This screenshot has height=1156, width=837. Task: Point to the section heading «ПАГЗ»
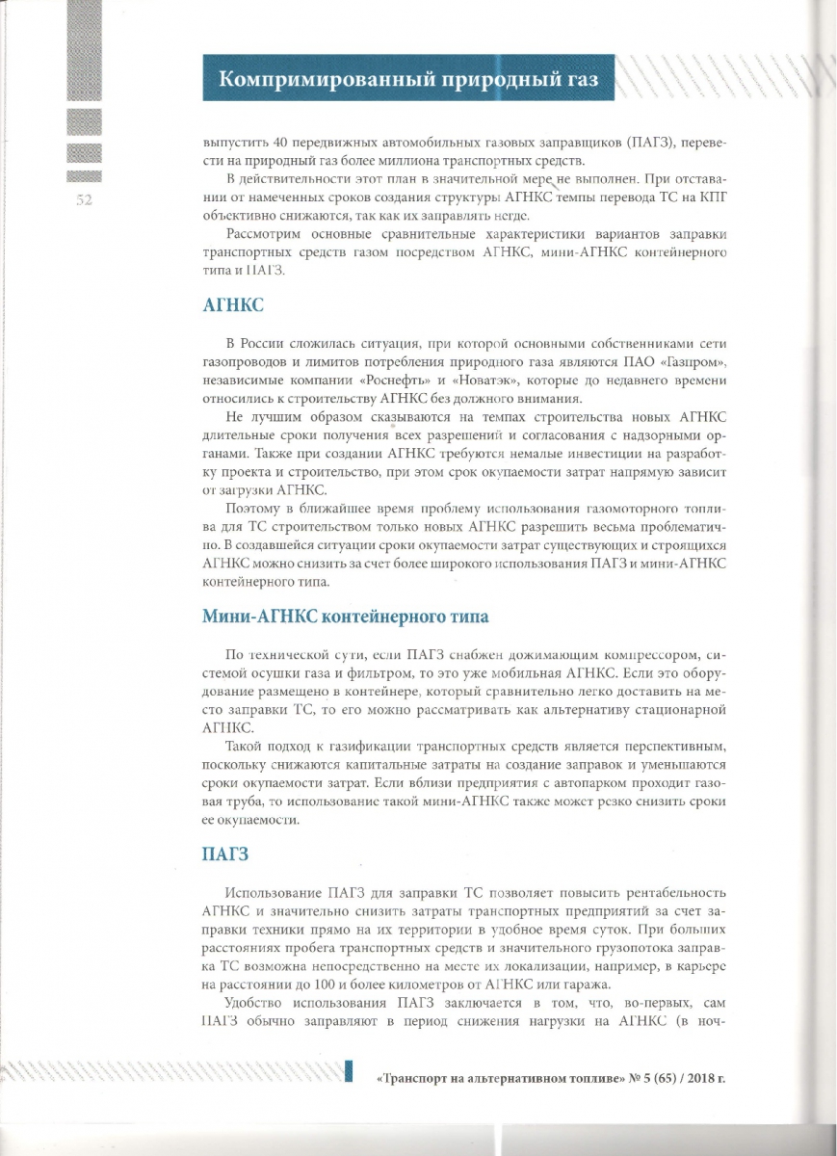(x=227, y=854)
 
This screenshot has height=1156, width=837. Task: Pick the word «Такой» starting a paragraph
(x=245, y=747)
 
